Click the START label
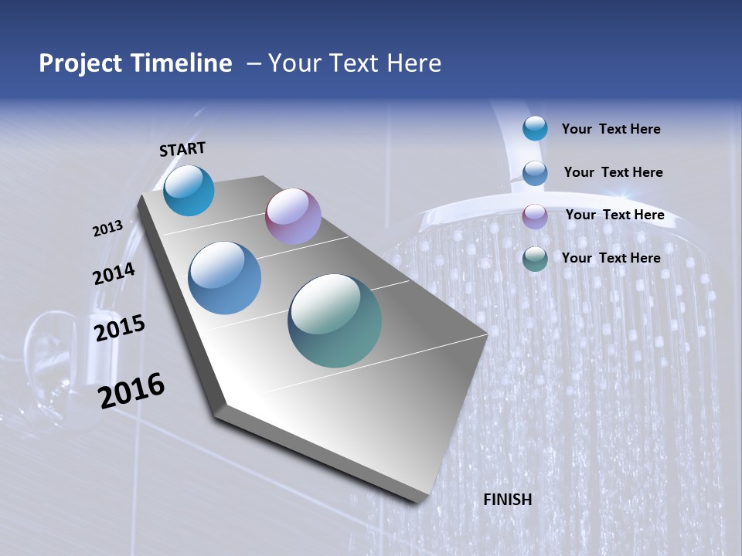(182, 149)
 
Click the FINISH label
(507, 500)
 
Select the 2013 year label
(107, 229)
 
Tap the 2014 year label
(114, 274)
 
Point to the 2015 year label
(119, 328)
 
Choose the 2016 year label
(131, 391)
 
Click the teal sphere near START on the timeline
(189, 191)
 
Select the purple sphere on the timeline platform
(293, 216)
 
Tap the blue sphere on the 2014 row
(224, 278)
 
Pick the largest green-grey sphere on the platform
(335, 320)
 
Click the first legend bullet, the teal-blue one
(534, 128)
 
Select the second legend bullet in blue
(534, 173)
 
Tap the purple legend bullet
(534, 216)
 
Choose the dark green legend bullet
(534, 259)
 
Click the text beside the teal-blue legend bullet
(611, 130)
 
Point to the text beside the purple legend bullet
(614, 215)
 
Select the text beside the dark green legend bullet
(611, 258)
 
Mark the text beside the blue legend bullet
(613, 172)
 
